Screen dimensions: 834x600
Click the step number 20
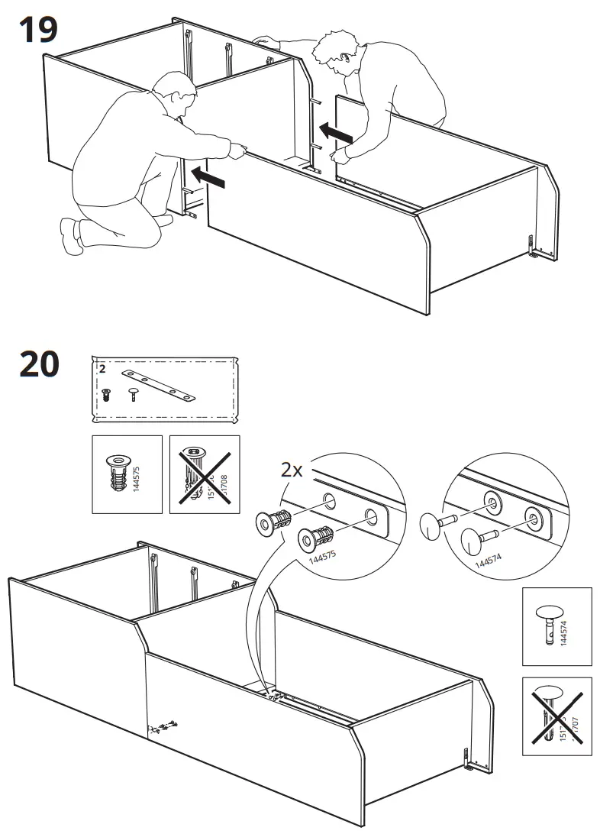click(x=39, y=364)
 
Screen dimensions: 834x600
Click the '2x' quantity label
click(x=292, y=470)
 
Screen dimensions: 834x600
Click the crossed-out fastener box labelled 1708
click(x=204, y=474)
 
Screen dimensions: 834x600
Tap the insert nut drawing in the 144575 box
click(x=118, y=474)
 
